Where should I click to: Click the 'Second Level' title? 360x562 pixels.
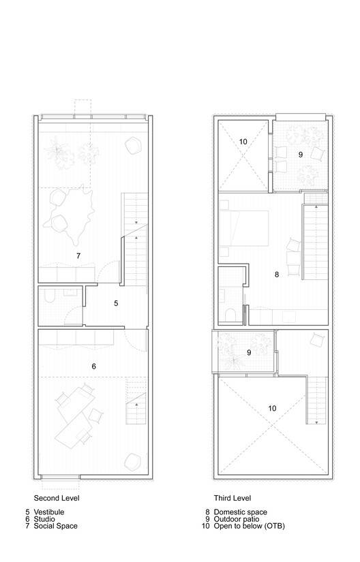pos(57,498)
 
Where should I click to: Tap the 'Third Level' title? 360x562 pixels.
pos(232,498)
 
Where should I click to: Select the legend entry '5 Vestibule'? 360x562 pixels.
pos(45,512)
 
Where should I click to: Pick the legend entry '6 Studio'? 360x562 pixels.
pos(40,519)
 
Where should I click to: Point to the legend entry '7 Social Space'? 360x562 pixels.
pos(51,526)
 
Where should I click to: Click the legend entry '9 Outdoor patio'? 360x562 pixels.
pos(232,519)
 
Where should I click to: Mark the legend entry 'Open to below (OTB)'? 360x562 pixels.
pos(249,526)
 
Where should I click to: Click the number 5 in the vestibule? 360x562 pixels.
pos(116,303)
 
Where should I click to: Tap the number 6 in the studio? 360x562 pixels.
pos(93,366)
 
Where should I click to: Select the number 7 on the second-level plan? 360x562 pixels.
pos(78,256)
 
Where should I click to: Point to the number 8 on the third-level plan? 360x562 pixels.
pos(276,275)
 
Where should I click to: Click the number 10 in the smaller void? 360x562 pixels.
pos(243,142)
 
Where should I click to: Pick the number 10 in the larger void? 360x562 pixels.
pos(272,408)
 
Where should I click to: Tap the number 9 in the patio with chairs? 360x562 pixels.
pos(301,155)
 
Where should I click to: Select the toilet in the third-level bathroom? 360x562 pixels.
pos(230,315)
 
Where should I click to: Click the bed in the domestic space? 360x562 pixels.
pos(243,228)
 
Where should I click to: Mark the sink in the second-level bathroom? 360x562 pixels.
pos(70,292)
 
